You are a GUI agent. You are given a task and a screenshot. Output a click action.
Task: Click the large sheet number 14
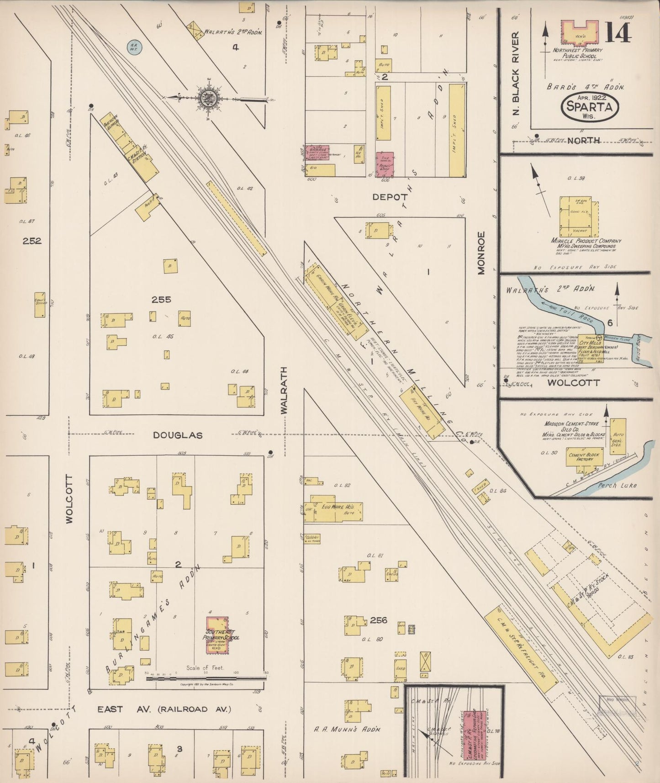pyautogui.click(x=619, y=33)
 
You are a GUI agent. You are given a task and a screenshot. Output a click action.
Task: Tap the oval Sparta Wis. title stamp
pyautogui.click(x=590, y=108)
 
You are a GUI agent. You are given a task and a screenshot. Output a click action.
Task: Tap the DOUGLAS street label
pyautogui.click(x=178, y=435)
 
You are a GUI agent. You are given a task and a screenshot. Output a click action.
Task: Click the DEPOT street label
pyautogui.click(x=390, y=197)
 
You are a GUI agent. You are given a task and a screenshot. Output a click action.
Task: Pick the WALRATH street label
pyautogui.click(x=285, y=390)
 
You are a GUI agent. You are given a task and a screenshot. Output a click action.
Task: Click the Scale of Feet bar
pyautogui.click(x=205, y=678)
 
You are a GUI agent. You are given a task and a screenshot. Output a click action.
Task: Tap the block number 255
pyautogui.click(x=161, y=300)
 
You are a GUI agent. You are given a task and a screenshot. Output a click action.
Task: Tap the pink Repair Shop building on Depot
pyautogui.click(x=385, y=164)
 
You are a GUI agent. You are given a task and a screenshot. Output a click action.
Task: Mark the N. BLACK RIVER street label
pyautogui.click(x=516, y=74)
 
